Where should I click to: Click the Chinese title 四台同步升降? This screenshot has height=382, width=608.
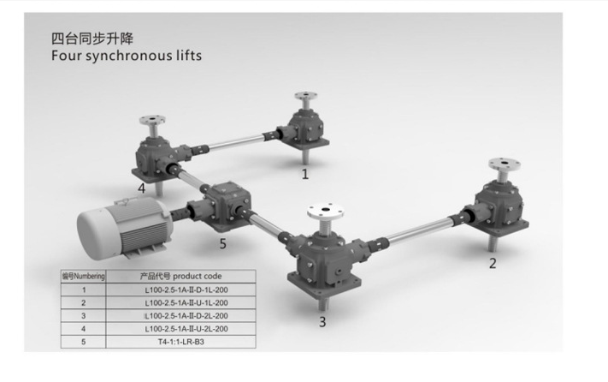pos(92,39)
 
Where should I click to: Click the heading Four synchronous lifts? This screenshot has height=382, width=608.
pos(127,56)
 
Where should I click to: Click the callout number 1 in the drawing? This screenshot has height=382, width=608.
pos(305,174)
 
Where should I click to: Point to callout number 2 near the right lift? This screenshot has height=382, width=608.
pos(493,264)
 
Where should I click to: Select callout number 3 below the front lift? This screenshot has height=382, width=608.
pos(322,322)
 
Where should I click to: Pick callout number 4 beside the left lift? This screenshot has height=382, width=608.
pos(142,188)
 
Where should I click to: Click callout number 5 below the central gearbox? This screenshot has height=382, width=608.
pos(222,244)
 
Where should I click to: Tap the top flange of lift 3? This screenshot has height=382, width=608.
pos(326,211)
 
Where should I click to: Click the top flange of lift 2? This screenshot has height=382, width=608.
pos(504,164)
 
